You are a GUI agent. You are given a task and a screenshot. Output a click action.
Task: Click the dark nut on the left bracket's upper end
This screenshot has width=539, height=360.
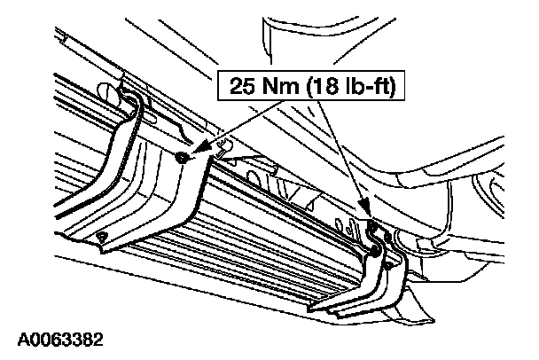[x=181, y=157]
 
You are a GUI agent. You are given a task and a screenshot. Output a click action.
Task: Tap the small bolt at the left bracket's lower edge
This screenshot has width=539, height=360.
[x=102, y=235]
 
